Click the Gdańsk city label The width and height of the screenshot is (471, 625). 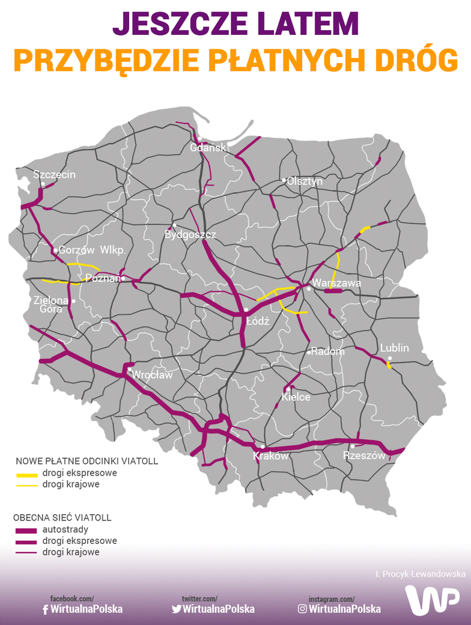(x=208, y=148)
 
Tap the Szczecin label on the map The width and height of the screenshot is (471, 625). (x=55, y=175)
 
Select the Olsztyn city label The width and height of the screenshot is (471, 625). (x=305, y=181)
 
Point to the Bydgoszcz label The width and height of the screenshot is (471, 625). (x=190, y=235)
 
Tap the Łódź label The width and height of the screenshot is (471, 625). (x=258, y=321)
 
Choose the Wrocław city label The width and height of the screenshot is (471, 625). (x=152, y=375)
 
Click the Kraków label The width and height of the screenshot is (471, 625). (x=271, y=456)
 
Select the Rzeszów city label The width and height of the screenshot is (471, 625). (x=364, y=456)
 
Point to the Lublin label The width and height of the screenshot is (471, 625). (x=394, y=348)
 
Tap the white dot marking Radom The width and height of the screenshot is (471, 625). (x=309, y=352)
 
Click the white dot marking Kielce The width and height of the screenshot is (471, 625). (x=288, y=389)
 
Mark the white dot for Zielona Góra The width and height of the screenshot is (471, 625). (x=73, y=301)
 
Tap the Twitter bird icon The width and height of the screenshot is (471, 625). (x=176, y=609)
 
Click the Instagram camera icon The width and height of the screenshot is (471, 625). (x=302, y=609)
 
